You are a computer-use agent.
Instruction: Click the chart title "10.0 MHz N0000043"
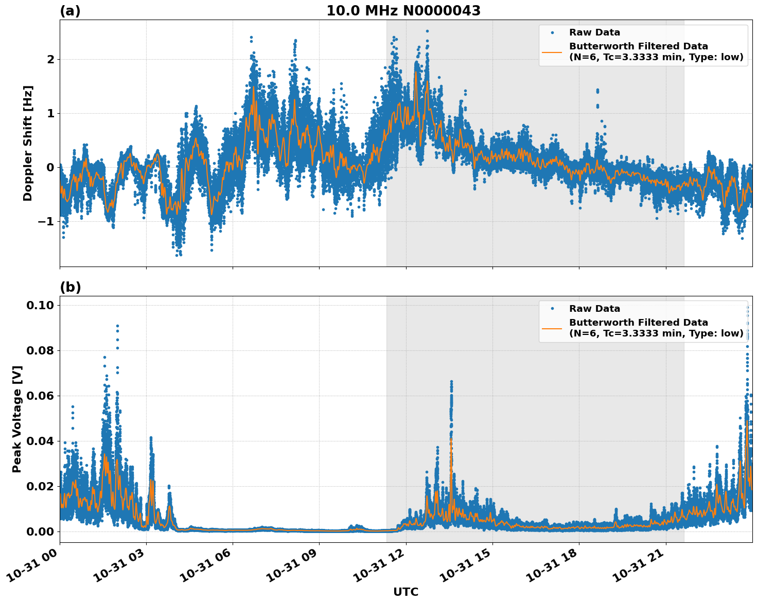coord(403,11)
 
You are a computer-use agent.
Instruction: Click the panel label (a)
coord(70,11)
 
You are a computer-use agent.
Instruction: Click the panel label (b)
coord(70,287)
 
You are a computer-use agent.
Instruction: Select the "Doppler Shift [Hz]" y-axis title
coord(28,143)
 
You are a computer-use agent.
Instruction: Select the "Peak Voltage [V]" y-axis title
coord(17,419)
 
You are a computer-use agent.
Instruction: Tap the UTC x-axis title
coord(406,592)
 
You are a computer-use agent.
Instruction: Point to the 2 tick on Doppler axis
coord(50,60)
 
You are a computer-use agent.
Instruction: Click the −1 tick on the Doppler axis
coord(46,221)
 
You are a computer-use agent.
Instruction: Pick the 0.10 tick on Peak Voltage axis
coord(40,305)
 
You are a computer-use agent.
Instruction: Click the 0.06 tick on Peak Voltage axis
coord(40,396)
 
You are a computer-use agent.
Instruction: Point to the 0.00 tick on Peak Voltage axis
coord(40,531)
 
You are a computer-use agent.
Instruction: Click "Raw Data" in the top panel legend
coord(594,32)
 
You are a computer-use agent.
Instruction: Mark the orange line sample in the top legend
coord(552,51)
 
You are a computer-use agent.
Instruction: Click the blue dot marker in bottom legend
coord(552,309)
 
